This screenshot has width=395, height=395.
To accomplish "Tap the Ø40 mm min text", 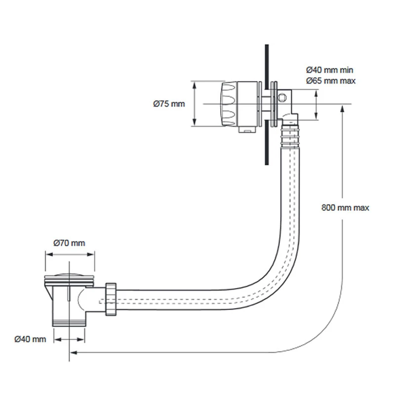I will pos(329,70).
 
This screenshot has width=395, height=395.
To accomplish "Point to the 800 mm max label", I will pos(345,208).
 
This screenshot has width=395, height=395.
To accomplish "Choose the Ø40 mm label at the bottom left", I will pos(30,339).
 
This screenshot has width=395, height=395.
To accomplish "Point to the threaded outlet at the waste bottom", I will pos(69,321).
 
